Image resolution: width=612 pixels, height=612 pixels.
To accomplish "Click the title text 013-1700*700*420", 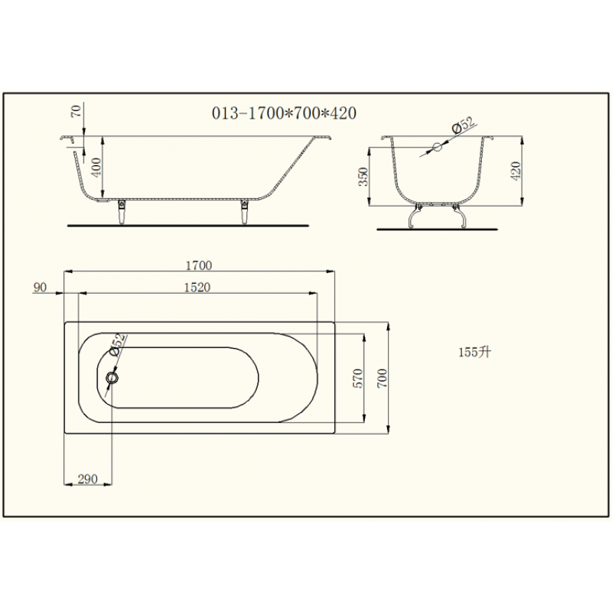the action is (x=284, y=113).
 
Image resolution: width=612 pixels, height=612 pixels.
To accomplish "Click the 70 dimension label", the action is (x=77, y=111).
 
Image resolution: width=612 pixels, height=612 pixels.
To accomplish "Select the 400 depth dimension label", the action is (x=96, y=167).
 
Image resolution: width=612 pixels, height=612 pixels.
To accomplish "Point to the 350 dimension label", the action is (x=363, y=177).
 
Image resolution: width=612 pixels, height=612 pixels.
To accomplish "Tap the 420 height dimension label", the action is (x=516, y=171).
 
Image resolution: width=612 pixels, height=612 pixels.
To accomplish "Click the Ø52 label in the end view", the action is (x=464, y=125).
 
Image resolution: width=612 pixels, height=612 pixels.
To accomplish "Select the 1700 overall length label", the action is (x=199, y=265).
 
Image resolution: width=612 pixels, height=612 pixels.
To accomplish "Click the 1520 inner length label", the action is (x=197, y=288).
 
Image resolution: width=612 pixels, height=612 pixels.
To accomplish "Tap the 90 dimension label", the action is (x=40, y=288).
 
